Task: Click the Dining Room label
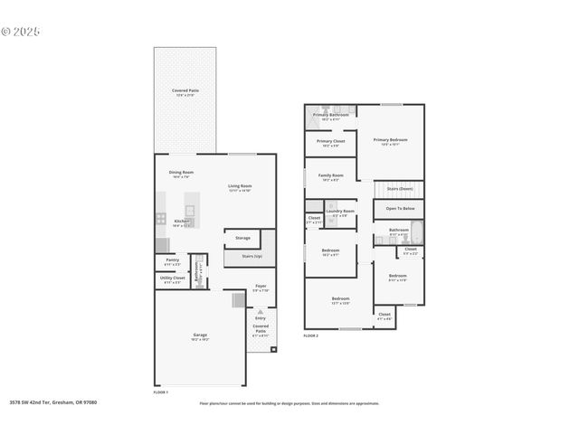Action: (x=181, y=172)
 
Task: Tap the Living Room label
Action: (x=240, y=185)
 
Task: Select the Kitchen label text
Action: (x=181, y=221)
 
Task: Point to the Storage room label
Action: (x=242, y=238)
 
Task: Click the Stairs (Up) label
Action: (x=252, y=257)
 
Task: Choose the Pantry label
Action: (x=172, y=260)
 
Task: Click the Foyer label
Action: (x=261, y=286)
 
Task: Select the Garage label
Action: (x=199, y=335)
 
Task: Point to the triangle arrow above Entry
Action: (x=261, y=312)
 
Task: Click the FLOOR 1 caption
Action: (x=160, y=392)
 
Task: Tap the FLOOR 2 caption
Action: (x=311, y=335)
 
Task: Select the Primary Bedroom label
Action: (x=391, y=139)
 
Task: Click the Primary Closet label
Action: (x=330, y=141)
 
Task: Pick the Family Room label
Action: (x=330, y=175)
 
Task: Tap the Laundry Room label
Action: (x=340, y=211)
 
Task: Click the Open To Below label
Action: (x=400, y=208)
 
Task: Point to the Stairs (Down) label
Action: (x=400, y=188)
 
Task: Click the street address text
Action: (x=52, y=402)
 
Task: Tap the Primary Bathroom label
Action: (x=331, y=115)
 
